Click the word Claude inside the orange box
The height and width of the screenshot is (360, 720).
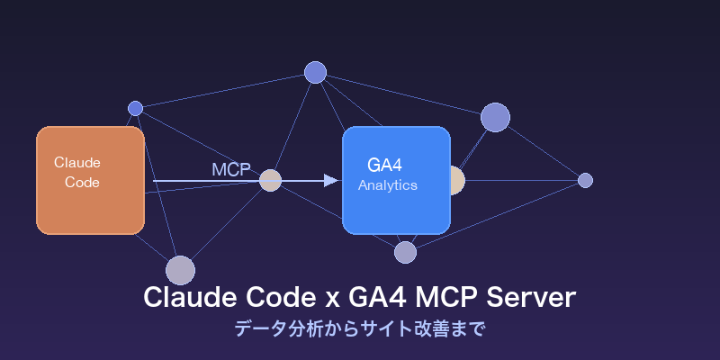point(77,163)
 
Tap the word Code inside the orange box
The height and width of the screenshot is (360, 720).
point(82,182)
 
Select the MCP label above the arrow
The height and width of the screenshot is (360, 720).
point(230,169)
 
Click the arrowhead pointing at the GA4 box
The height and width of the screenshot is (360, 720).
point(331,180)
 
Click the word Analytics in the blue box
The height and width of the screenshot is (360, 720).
point(388,185)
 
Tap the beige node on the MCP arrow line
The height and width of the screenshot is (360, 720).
point(270,180)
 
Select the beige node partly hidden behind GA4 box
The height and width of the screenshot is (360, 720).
point(457,180)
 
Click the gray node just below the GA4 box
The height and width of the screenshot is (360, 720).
point(405,252)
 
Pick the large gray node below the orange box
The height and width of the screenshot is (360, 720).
point(180,270)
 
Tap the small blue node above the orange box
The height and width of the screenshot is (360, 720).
point(135,108)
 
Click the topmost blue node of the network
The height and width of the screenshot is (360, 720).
point(315,72)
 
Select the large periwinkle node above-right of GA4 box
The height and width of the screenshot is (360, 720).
point(495,117)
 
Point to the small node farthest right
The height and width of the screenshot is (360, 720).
point(585,180)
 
